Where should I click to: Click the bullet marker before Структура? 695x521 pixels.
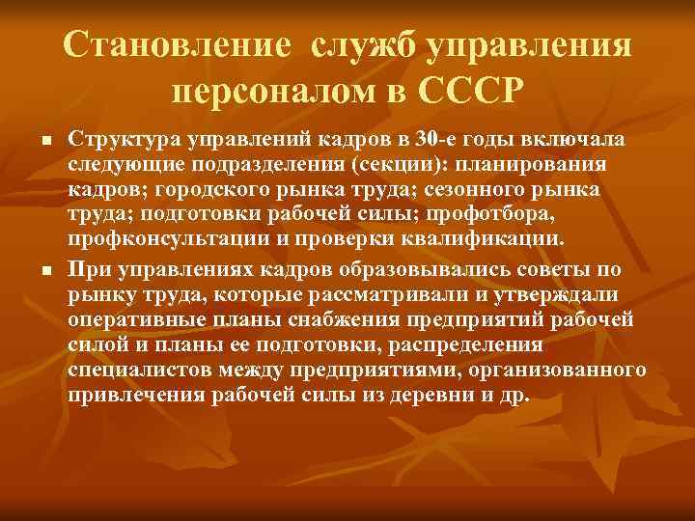45,142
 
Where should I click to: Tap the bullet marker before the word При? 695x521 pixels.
45,269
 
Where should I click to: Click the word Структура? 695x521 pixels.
115,141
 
